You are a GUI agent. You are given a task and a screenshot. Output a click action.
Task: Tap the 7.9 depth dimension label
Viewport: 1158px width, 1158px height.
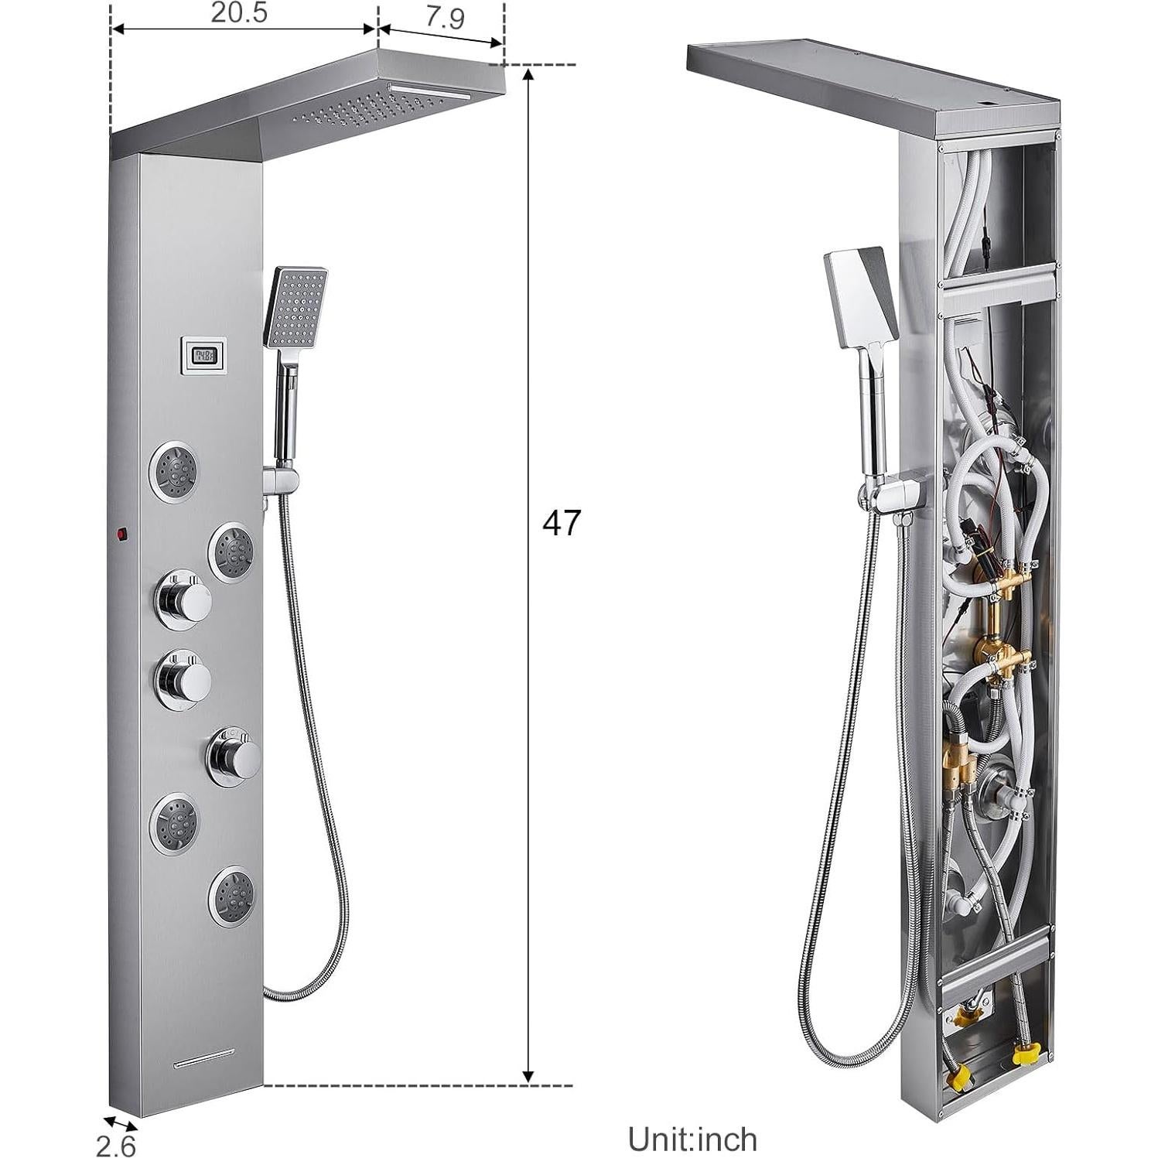pyautogui.click(x=445, y=17)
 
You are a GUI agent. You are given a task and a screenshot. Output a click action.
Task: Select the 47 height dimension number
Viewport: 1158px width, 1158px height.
pyautogui.click(x=561, y=524)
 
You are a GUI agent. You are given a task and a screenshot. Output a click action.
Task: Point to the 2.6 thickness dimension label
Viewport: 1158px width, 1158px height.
pyautogui.click(x=115, y=1144)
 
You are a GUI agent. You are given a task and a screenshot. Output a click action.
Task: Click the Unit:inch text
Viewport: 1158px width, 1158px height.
pyautogui.click(x=692, y=1139)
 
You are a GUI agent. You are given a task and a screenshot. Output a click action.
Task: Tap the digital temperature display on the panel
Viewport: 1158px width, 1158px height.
pyautogui.click(x=205, y=355)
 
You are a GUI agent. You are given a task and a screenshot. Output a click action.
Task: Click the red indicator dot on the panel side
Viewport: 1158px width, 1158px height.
pyautogui.click(x=121, y=534)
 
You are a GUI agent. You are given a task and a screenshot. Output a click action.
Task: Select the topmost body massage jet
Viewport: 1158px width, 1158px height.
pyautogui.click(x=173, y=470)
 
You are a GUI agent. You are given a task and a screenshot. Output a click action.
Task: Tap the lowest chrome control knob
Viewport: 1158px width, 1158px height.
pyautogui.click(x=234, y=756)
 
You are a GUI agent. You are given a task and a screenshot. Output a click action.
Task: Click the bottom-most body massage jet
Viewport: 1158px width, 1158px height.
pyautogui.click(x=232, y=897)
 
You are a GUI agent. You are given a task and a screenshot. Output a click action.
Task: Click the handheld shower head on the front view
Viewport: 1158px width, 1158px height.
pyautogui.click(x=295, y=306)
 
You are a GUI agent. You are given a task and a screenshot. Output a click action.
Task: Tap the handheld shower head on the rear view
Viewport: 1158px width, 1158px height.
pyautogui.click(x=860, y=297)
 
